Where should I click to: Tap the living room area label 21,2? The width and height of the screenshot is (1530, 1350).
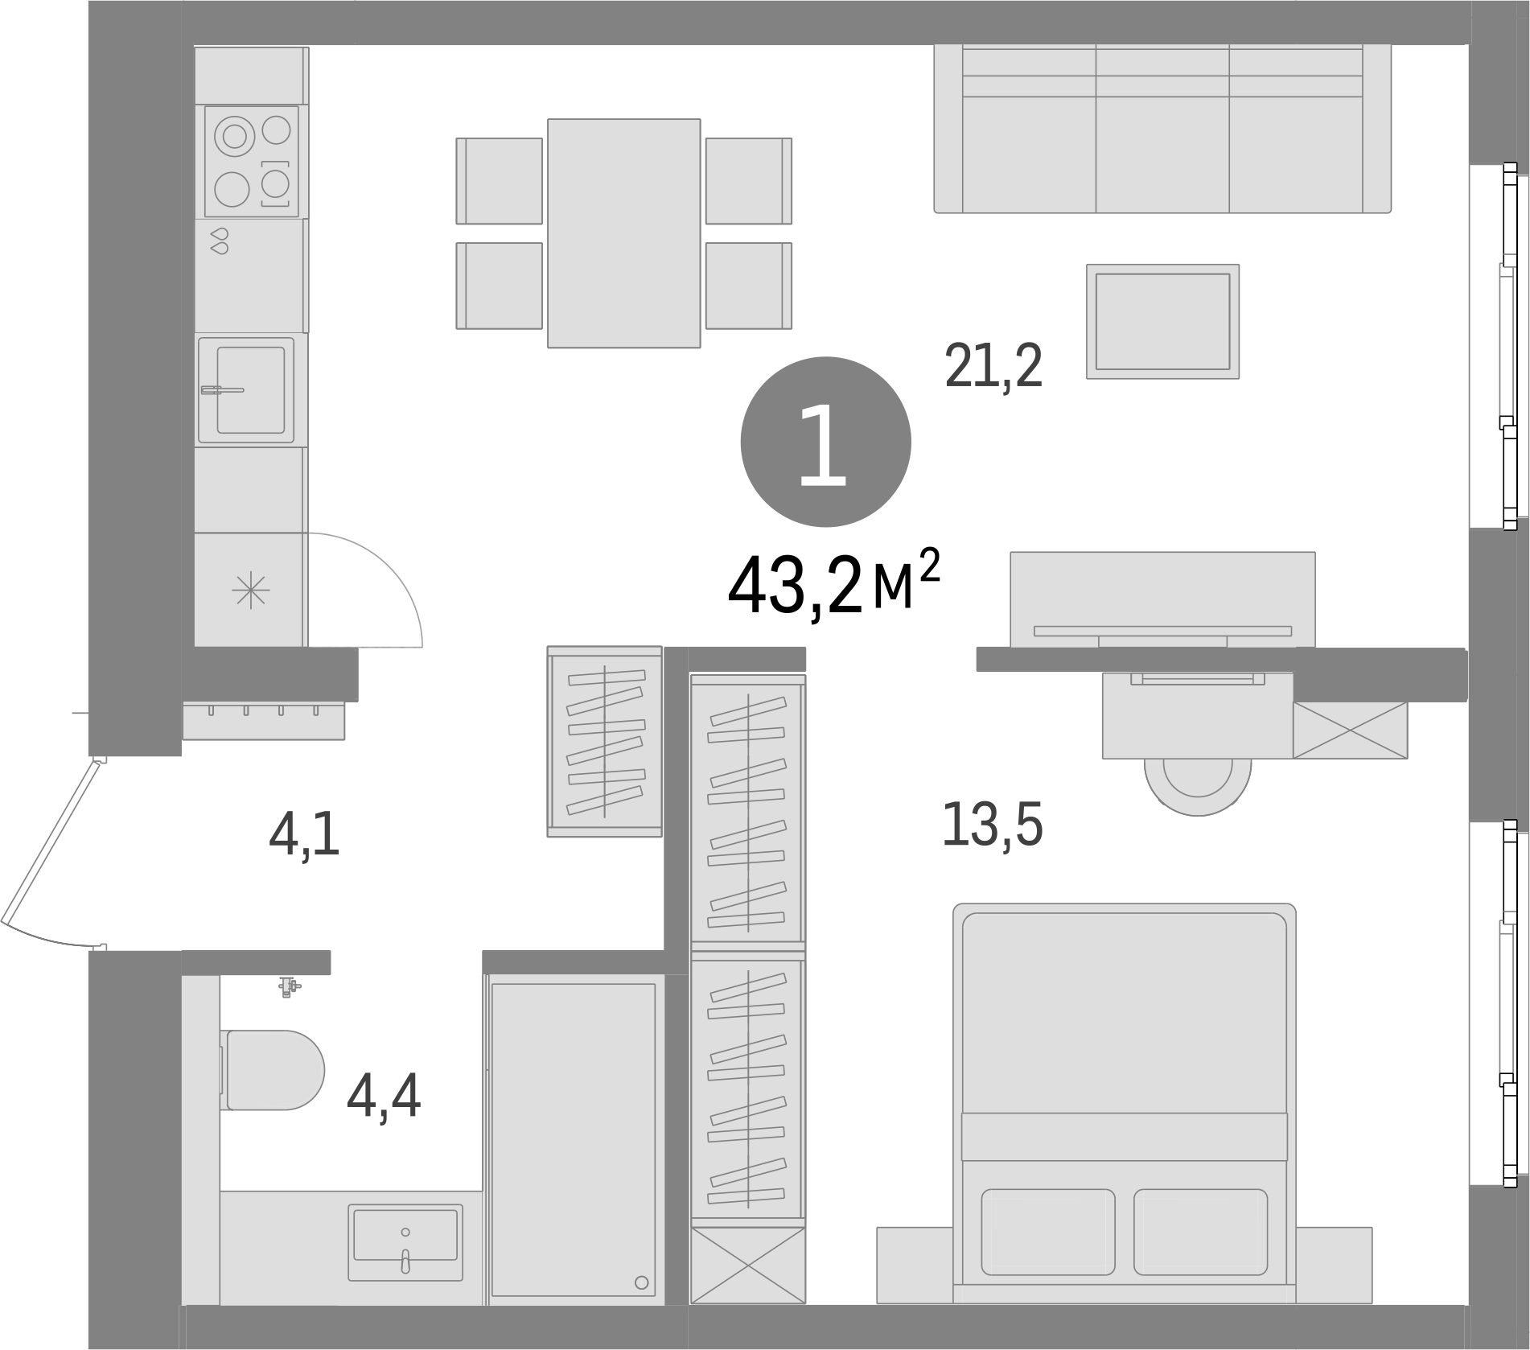[x=993, y=367]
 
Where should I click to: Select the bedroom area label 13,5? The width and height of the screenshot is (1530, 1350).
[x=992, y=825]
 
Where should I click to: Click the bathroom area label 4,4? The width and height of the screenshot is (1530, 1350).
[x=384, y=1098]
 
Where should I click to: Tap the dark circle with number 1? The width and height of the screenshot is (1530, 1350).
[x=825, y=442]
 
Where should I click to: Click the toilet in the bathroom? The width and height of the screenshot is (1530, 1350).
[x=272, y=1070]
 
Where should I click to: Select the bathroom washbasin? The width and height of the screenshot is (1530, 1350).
[x=405, y=1242]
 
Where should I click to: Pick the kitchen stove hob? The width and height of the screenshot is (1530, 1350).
[x=252, y=162]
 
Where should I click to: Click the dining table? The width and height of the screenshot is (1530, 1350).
[x=624, y=233]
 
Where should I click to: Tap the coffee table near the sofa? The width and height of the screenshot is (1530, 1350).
[x=1162, y=321]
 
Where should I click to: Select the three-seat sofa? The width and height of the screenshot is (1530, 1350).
[x=1162, y=129]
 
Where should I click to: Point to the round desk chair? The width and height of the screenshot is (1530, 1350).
[x=1198, y=784]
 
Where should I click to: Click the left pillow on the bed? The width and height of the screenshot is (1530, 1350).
[x=1048, y=1232]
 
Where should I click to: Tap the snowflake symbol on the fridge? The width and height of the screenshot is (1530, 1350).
[x=251, y=591]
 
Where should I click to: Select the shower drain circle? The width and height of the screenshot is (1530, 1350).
[x=641, y=1282]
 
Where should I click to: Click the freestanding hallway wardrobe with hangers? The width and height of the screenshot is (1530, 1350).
[x=605, y=741]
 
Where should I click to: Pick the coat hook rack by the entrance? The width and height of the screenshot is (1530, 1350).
[x=264, y=721]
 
